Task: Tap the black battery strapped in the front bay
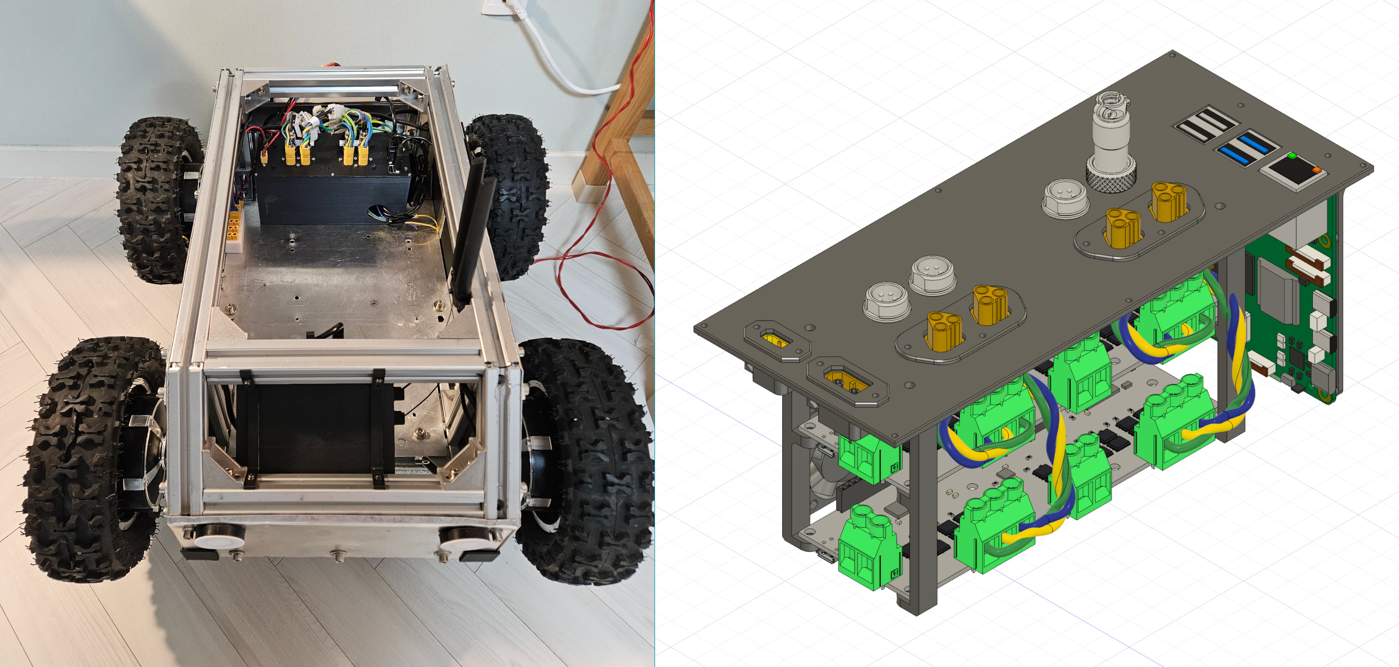coord(316,428)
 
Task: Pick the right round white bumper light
coord(464,537)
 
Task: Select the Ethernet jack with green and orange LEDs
coord(1296,169)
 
